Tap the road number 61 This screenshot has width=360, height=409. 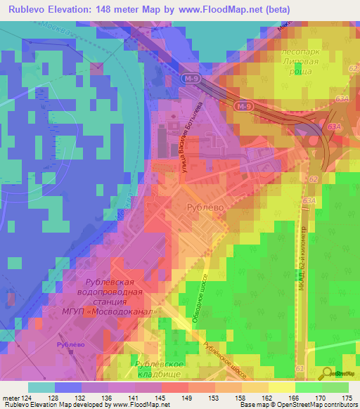pyautogui.click(x=300, y=368)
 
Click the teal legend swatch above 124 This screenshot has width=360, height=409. pyautogui.click(x=41, y=387)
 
